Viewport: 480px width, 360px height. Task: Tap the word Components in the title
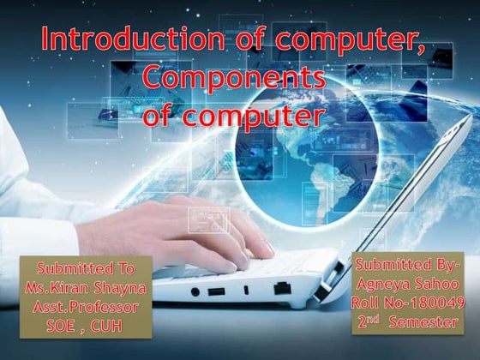click(234, 79)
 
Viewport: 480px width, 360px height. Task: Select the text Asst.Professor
click(86, 308)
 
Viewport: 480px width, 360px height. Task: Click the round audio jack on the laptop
click(195, 291)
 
